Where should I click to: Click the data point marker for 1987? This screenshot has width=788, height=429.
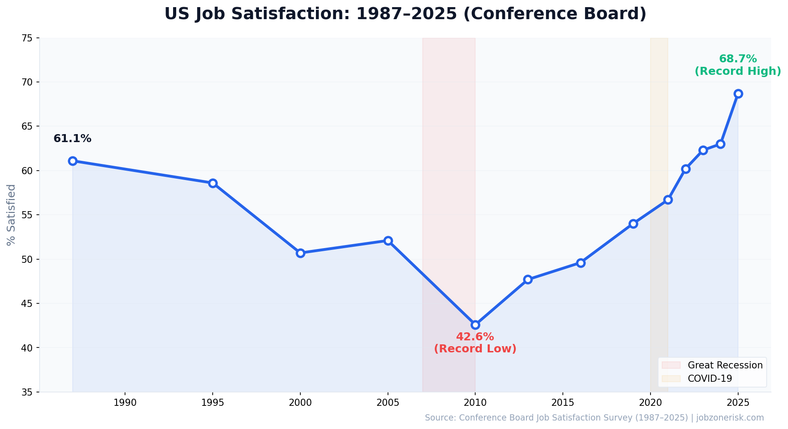tap(73, 161)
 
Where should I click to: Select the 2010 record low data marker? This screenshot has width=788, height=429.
tap(475, 325)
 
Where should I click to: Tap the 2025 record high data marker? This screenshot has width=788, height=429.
tap(738, 94)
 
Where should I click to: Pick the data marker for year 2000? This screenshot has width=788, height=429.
tap(300, 253)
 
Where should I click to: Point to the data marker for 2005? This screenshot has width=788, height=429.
tap(388, 241)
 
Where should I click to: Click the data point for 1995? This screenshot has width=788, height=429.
tap(213, 183)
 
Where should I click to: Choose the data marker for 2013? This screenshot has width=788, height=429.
tap(528, 279)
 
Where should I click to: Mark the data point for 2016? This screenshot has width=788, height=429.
tap(581, 263)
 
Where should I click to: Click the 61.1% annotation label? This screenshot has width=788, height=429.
tap(72, 139)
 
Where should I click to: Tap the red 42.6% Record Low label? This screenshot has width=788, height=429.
tap(475, 343)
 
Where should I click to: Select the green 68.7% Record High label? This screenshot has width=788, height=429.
tap(738, 65)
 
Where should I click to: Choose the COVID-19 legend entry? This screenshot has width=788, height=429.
tap(709, 379)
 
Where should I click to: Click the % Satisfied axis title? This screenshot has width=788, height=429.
tap(11, 215)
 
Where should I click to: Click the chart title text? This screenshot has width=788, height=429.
tap(405, 14)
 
